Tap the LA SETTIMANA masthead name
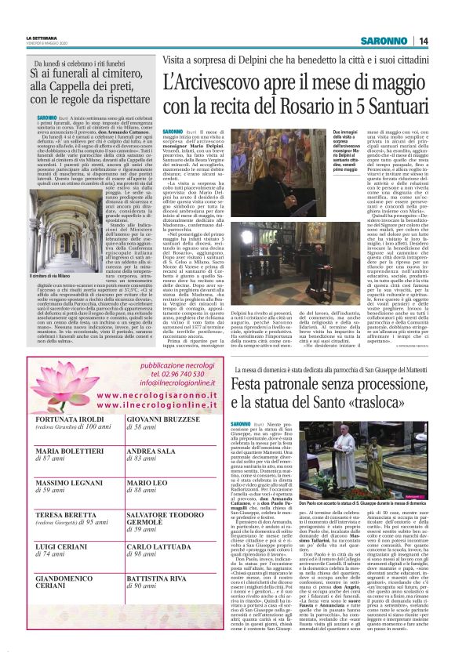pos(42,37)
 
